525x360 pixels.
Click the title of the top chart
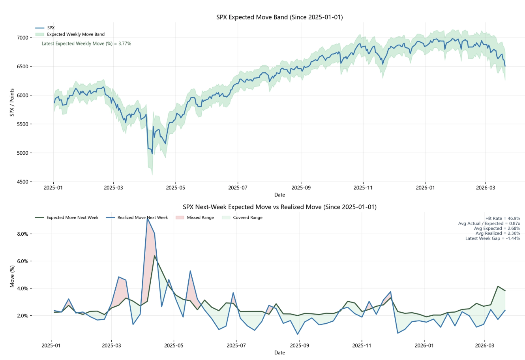pyautogui.click(x=279, y=17)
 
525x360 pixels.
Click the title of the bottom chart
pyautogui.click(x=279, y=207)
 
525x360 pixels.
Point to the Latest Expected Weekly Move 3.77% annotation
pyautogui.click(x=86, y=43)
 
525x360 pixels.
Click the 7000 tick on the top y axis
pyautogui.click(x=22, y=37)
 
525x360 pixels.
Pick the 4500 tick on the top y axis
pyautogui.click(x=22, y=182)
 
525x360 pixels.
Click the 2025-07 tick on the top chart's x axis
pyautogui.click(x=238, y=188)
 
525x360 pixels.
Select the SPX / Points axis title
pyautogui.click(x=12, y=102)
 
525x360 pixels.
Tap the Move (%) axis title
pyautogui.click(x=12, y=276)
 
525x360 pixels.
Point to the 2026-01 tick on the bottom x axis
pyautogui.click(x=424, y=345)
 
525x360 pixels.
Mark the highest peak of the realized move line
pyautogui.click(x=147, y=218)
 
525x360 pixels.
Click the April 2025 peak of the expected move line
pyautogui.click(x=154, y=256)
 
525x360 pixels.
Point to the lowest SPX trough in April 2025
pyautogui.click(x=152, y=154)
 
